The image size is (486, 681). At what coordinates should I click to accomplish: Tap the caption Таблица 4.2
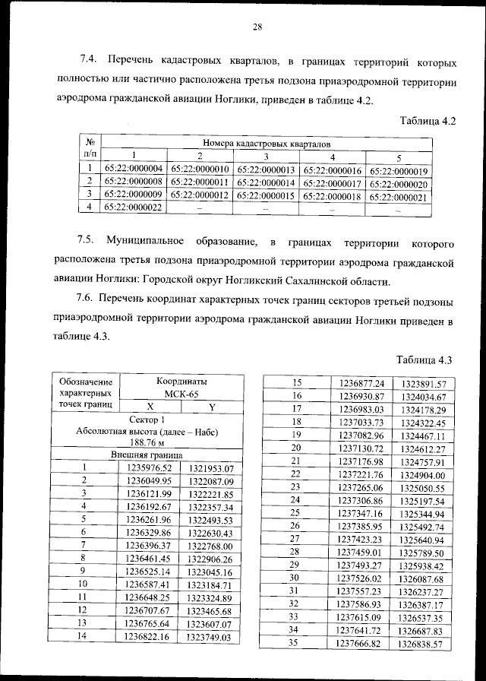click(x=426, y=119)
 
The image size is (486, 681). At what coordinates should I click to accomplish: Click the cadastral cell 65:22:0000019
click(x=399, y=171)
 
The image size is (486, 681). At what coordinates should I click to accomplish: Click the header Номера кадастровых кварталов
click(x=266, y=143)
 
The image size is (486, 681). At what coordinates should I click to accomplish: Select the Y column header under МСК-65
click(x=212, y=407)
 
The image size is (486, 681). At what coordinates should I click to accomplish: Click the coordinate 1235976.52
click(x=150, y=467)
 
